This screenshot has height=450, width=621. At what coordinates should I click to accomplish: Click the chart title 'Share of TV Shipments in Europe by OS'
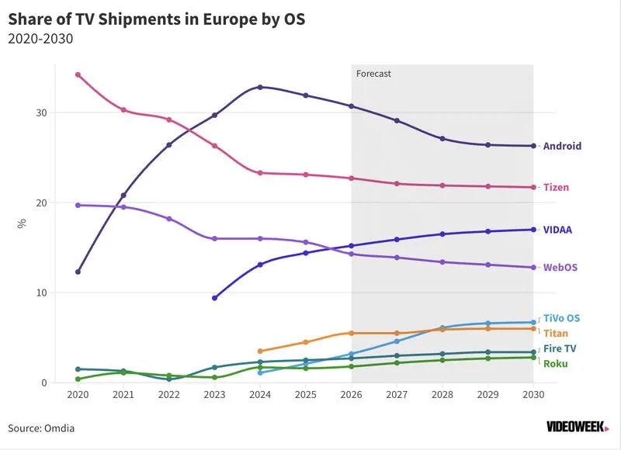pyautogui.click(x=157, y=19)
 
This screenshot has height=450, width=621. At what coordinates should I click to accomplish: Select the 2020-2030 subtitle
pyautogui.click(x=40, y=39)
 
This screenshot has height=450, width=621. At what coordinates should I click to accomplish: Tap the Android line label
pyautogui.click(x=562, y=146)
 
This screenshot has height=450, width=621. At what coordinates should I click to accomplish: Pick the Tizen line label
pyautogui.click(x=556, y=187)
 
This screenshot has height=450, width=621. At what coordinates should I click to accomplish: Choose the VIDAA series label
pyautogui.click(x=557, y=230)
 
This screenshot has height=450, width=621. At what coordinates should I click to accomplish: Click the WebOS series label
pyautogui.click(x=560, y=268)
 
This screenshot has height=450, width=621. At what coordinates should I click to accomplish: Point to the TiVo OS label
pyautogui.click(x=561, y=318)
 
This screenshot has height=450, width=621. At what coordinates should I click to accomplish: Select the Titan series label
pyautogui.click(x=556, y=334)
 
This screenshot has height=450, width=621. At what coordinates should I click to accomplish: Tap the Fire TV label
pyautogui.click(x=560, y=348)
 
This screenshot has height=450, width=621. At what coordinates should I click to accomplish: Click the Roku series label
pyautogui.click(x=556, y=364)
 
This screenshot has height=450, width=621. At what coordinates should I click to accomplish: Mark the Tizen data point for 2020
pyautogui.click(x=78, y=74)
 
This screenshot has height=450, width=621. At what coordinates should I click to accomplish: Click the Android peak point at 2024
pyautogui.click(x=260, y=87)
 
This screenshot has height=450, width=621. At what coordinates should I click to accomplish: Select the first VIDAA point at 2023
pyautogui.click(x=215, y=298)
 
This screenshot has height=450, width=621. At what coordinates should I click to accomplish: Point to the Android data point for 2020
pyautogui.click(x=78, y=272)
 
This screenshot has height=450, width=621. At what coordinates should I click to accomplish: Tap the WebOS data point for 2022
pyautogui.click(x=169, y=219)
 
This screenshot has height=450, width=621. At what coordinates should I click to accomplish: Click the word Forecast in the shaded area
pyautogui.click(x=373, y=74)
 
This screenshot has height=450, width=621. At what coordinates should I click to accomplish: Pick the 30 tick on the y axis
pyautogui.click(x=42, y=112)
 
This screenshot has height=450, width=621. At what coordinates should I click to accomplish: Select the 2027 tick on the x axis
pyautogui.click(x=397, y=395)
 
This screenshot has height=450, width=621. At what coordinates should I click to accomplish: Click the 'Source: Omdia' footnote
pyautogui.click(x=41, y=428)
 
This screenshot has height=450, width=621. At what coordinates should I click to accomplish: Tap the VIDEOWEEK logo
pyautogui.click(x=578, y=427)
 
